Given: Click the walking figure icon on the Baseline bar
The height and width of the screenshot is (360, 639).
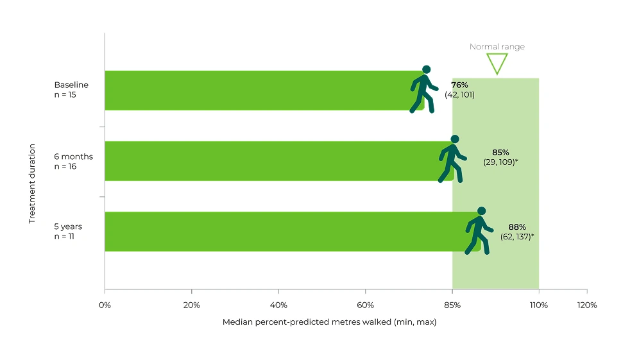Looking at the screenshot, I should (423, 90).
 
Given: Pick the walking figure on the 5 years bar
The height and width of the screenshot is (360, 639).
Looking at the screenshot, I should (479, 231).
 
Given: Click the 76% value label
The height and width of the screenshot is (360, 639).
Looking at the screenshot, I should (459, 85).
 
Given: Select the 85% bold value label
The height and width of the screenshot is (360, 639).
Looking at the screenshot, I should (500, 153).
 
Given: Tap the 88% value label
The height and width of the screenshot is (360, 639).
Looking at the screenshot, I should (517, 227).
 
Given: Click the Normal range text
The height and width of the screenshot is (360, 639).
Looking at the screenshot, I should (497, 47).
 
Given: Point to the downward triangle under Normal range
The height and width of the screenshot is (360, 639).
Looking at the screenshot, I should (497, 63).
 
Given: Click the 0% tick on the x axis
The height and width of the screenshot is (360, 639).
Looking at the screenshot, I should (105, 305).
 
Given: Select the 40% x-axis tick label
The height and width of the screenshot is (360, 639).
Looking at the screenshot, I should (278, 305).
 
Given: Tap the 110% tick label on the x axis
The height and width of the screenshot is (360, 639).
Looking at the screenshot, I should (538, 305).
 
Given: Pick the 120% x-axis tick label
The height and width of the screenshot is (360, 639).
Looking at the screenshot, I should (586, 305).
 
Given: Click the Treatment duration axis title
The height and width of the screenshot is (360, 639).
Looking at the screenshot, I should (32, 183).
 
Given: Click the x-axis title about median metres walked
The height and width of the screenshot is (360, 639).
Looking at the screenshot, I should (329, 322).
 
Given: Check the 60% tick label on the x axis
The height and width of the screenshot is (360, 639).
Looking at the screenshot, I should (365, 305).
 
